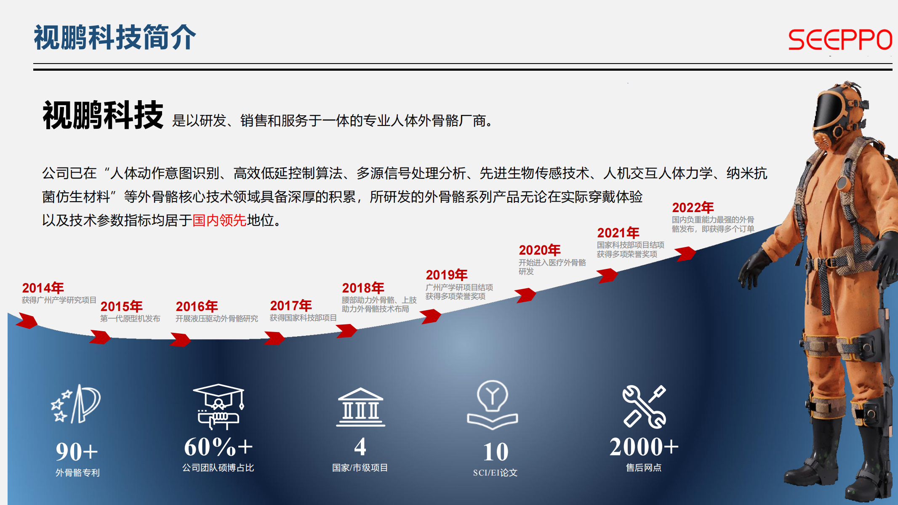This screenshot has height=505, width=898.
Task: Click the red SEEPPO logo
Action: point(840,40)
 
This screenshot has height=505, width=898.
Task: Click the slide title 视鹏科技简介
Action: point(115,37)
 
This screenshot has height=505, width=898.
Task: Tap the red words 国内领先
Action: point(219,220)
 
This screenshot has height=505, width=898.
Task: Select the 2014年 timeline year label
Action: point(43,288)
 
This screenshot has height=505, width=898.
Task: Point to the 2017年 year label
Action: point(291,306)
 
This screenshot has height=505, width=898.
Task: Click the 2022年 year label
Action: point(693,207)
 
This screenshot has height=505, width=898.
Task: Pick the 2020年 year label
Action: point(540,250)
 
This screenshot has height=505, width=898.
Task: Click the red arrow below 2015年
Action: point(100,337)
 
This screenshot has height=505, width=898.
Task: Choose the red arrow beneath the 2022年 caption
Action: point(686,254)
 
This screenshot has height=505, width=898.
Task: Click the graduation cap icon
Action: point(219,406)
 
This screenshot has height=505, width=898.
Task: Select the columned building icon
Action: point(360,407)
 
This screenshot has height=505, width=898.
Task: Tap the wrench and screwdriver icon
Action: point(644,407)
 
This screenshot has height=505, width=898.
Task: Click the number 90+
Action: point(77,452)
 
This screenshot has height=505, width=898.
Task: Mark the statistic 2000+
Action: point(644,447)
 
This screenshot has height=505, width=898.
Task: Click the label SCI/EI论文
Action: point(495,473)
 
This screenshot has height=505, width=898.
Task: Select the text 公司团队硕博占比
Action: point(218,468)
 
